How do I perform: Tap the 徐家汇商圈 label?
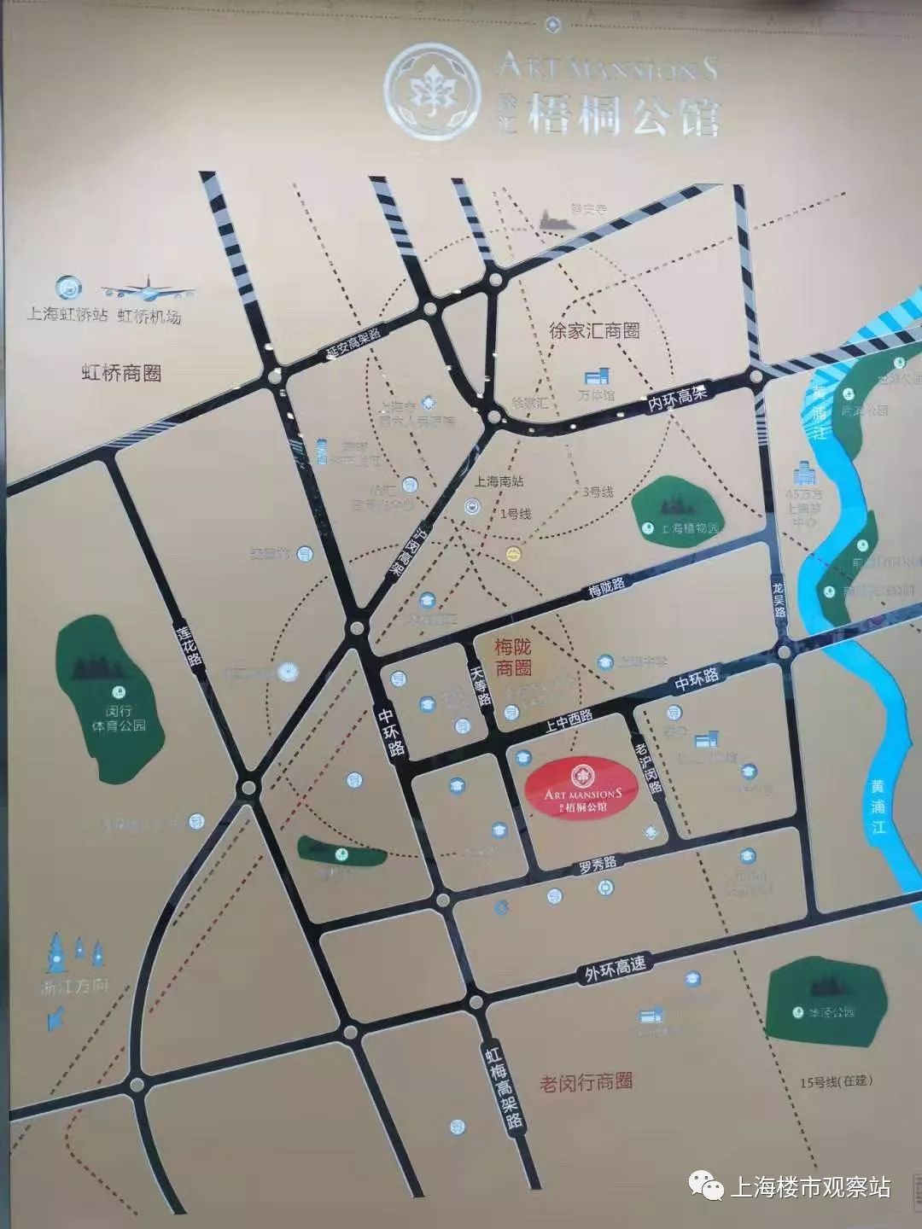pyautogui.click(x=594, y=331)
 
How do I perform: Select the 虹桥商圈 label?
pyautogui.click(x=121, y=373)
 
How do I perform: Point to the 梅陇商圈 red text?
pyautogui.click(x=513, y=657)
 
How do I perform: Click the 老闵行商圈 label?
pyautogui.click(x=586, y=1082)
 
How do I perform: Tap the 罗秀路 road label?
pyautogui.click(x=598, y=865)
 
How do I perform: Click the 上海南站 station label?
pyautogui.click(x=499, y=481)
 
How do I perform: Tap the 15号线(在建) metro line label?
pyautogui.click(x=836, y=1080)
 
